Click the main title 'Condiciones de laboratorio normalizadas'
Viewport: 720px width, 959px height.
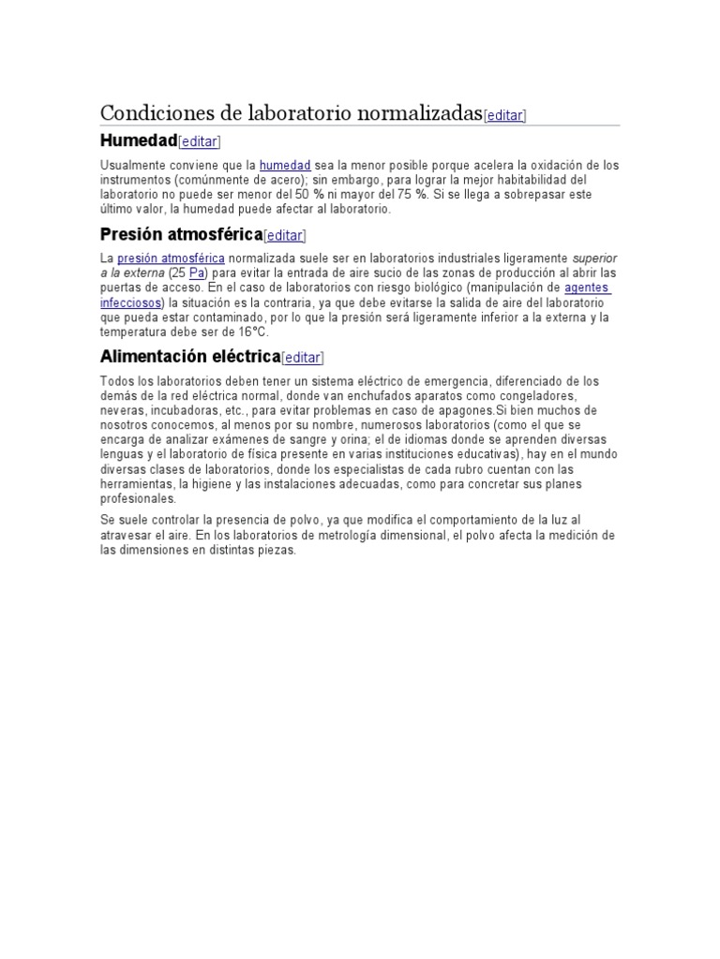[291, 113]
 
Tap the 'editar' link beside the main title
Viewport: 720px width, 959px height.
[504, 115]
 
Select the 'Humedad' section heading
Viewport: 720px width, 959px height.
[138, 140]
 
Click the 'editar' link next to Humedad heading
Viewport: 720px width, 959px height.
[199, 141]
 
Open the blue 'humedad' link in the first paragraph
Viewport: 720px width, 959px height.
[285, 165]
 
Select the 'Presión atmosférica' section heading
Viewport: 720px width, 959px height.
[181, 234]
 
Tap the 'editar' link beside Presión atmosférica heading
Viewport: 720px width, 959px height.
[285, 236]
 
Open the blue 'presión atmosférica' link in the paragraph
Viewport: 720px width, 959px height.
[171, 258]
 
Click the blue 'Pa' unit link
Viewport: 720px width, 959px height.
[197, 273]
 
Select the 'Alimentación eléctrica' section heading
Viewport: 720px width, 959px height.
[189, 357]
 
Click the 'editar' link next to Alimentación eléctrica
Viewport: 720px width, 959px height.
[302, 358]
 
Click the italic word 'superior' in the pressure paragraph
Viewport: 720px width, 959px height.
[595, 258]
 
